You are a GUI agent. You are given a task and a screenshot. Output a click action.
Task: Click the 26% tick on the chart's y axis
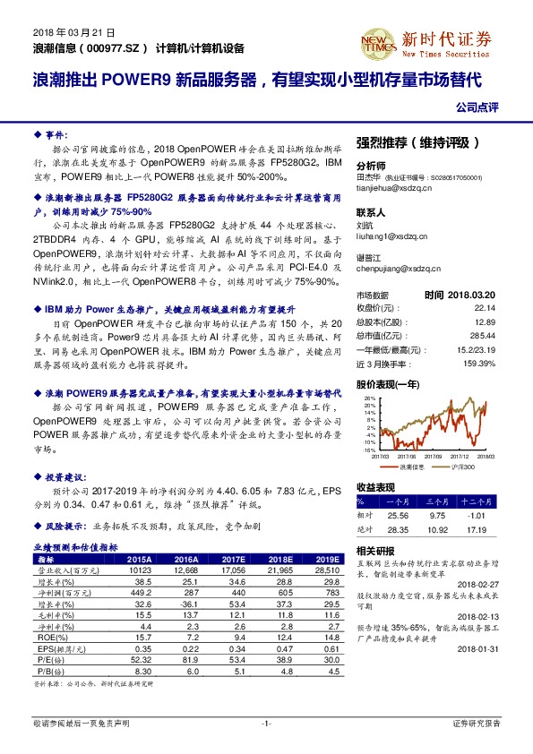tap(368, 396)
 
